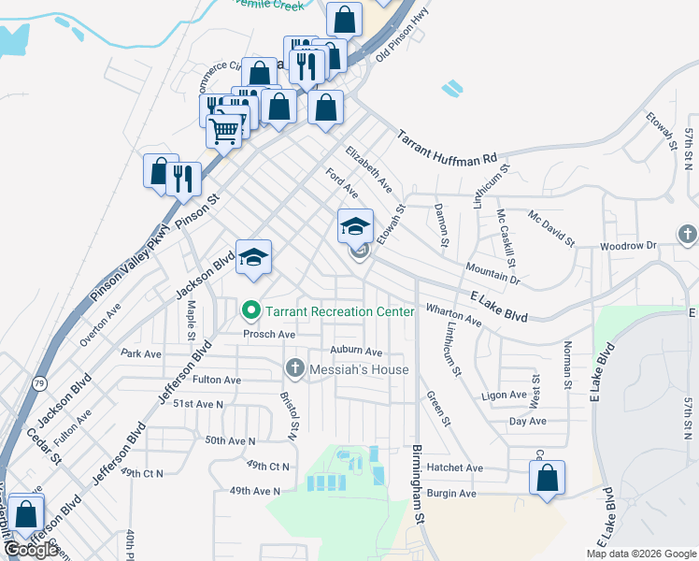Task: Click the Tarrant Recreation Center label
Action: click(340, 310)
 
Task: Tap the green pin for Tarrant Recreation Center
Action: click(250, 310)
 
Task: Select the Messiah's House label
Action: click(362, 369)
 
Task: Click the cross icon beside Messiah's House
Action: click(296, 369)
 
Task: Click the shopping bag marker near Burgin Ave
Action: click(548, 478)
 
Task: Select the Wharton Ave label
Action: click(453, 314)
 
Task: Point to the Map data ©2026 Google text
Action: click(641, 554)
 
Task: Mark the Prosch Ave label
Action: click(269, 334)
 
